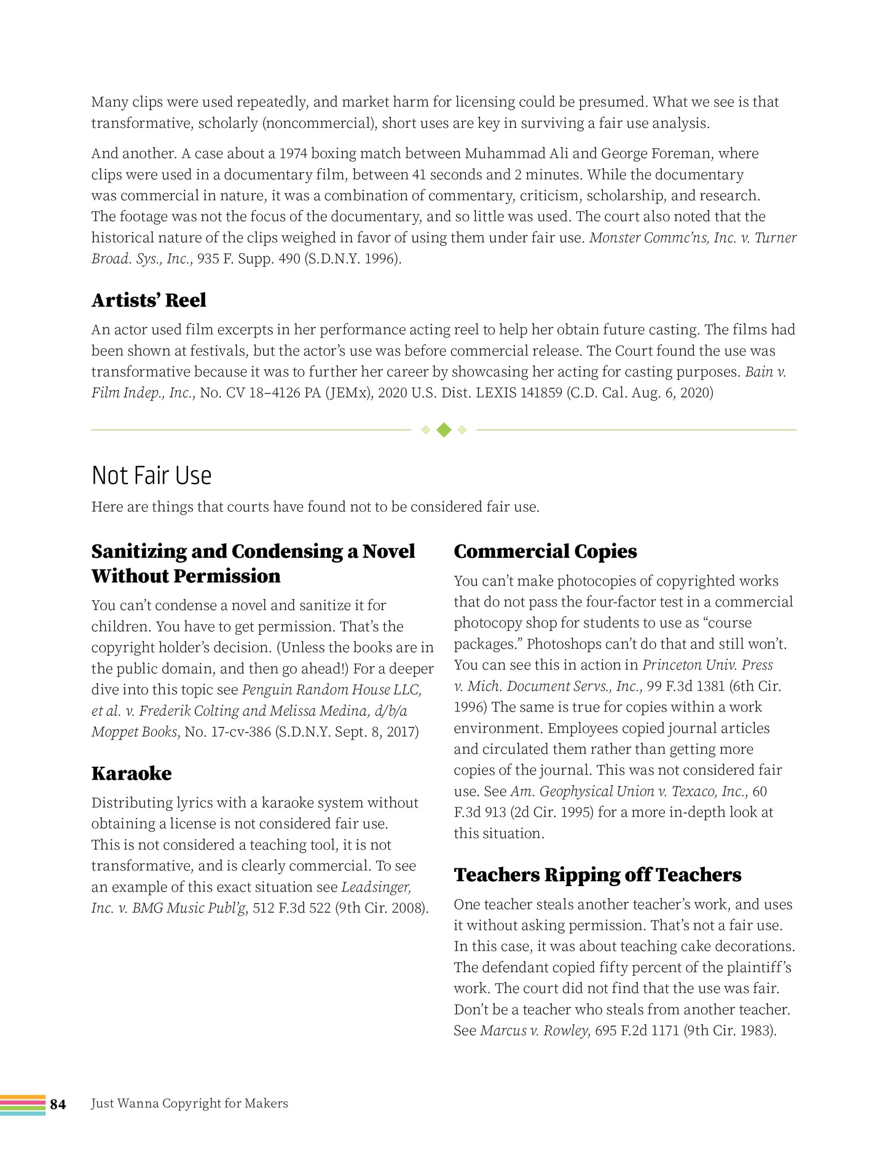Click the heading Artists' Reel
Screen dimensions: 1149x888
click(149, 300)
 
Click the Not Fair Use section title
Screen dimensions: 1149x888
click(151, 476)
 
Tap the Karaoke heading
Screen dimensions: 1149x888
click(132, 774)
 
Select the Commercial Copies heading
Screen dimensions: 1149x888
click(545, 552)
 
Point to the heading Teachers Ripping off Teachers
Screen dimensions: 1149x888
click(597, 875)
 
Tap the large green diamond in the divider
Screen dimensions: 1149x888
click(444, 430)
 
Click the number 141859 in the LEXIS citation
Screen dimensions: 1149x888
click(541, 393)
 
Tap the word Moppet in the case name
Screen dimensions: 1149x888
click(113, 732)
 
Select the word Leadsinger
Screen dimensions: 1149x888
click(375, 887)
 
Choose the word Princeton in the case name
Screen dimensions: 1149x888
click(672, 665)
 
